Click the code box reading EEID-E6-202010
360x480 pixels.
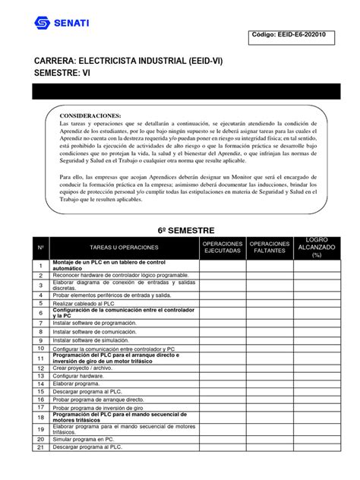point(298,43)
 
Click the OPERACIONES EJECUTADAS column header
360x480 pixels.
point(222,248)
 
